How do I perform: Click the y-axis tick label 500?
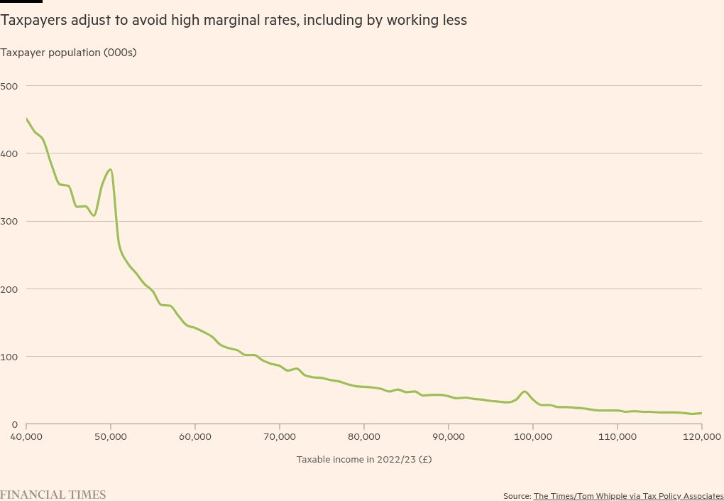pyautogui.click(x=11, y=86)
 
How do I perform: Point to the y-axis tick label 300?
pyautogui.click(x=11, y=221)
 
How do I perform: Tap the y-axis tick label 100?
pyautogui.click(x=11, y=356)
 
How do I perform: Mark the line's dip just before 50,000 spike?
pyautogui.click(x=94, y=215)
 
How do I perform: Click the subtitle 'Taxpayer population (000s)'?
pyautogui.click(x=68, y=53)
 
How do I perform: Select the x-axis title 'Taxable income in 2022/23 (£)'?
pyautogui.click(x=364, y=459)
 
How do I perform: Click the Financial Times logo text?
pyautogui.click(x=53, y=495)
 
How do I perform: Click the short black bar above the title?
pyautogui.click(x=21, y=1)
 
